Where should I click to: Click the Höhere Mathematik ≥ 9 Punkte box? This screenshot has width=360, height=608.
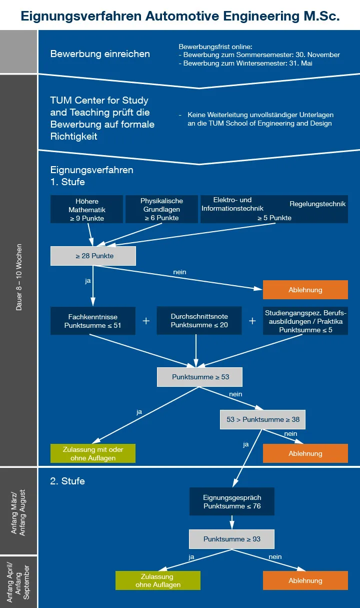[86, 209]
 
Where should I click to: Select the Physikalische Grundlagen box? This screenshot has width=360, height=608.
[161, 209]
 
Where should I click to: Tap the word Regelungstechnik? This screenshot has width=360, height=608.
[317, 204]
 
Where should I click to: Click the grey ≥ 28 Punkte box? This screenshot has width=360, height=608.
[93, 256]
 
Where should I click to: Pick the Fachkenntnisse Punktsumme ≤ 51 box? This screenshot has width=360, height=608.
[93, 321]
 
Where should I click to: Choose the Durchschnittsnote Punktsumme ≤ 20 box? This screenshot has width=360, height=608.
[199, 321]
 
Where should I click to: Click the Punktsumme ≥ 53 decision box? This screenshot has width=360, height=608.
[200, 377]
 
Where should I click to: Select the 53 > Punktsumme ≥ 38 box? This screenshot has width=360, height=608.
[262, 419]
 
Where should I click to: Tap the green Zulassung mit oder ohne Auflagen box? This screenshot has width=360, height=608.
[93, 453]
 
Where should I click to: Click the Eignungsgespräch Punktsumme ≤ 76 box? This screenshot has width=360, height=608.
[232, 501]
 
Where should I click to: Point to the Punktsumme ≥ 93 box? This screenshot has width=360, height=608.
[231, 539]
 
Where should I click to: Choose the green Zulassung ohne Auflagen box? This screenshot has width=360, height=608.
[157, 580]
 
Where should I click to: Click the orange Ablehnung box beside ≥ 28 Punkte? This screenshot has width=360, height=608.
[305, 290]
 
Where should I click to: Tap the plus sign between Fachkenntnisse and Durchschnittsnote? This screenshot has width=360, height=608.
[146, 321]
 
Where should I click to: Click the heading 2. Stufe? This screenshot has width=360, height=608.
[67, 481]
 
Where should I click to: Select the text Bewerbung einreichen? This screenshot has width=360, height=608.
[100, 54]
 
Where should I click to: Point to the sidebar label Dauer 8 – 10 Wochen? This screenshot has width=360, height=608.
[19, 277]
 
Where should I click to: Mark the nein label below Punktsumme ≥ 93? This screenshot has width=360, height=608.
[275, 556]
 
